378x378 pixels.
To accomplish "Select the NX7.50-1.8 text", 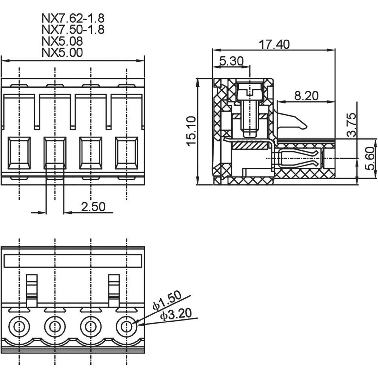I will (x=73, y=29).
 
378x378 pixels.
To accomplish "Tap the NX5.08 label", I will (x=62, y=41).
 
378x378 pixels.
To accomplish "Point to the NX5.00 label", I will (x=62, y=52).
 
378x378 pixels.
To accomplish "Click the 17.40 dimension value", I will (x=274, y=44).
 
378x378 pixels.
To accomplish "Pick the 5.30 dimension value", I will (x=231, y=61).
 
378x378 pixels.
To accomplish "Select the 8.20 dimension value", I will (x=306, y=96).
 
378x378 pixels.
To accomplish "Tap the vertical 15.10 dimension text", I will (x=192, y=131).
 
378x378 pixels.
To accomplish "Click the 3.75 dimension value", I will (x=352, y=124).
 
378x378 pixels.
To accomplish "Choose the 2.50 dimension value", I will (x=93, y=206).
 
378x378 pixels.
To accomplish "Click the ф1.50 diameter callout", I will (x=167, y=301).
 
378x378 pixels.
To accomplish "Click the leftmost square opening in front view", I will (x=19, y=153).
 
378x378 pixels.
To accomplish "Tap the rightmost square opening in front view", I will (x=127, y=153).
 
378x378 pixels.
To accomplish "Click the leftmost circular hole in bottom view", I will (x=19, y=326).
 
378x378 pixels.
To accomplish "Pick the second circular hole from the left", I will (x=55, y=326).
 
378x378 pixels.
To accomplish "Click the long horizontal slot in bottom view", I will (x=73, y=261).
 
